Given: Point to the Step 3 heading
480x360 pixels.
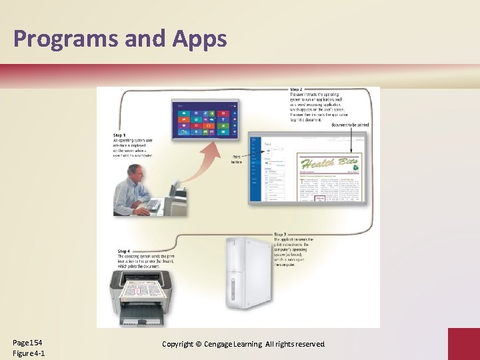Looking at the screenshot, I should [281, 235].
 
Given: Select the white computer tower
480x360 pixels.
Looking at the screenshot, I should [247, 273].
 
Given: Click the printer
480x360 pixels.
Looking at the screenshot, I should [145, 293].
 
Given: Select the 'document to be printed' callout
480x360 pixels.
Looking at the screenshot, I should [350, 125].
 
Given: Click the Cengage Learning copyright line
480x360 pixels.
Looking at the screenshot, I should [243, 344].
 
